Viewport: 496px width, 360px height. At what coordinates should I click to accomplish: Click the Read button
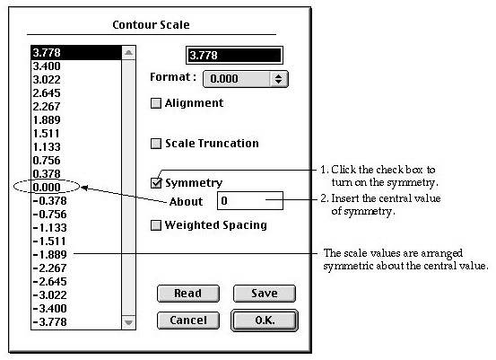click(188, 294)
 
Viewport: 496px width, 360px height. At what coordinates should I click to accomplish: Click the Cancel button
click(188, 320)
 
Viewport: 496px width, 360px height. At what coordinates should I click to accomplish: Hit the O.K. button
click(265, 320)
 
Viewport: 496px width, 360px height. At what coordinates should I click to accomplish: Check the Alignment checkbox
click(156, 103)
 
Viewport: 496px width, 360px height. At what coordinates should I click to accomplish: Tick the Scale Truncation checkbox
click(156, 144)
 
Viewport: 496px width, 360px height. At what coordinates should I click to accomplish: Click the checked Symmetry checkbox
click(156, 182)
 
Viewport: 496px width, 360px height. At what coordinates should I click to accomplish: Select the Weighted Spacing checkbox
click(156, 225)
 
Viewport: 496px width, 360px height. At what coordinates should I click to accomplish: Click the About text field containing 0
click(250, 200)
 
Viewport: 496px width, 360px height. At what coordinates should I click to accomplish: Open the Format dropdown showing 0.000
click(246, 79)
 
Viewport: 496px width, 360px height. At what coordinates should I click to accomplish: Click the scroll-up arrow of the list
click(129, 53)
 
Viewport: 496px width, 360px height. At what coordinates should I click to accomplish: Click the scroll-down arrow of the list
click(129, 322)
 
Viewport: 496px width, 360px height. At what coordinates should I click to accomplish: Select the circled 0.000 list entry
click(47, 187)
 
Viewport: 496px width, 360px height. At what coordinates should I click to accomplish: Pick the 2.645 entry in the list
click(47, 93)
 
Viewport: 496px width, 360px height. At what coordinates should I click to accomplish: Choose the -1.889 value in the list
click(50, 255)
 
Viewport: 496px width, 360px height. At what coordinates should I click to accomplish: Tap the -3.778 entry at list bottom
click(50, 322)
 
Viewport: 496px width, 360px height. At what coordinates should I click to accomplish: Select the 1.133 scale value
click(47, 147)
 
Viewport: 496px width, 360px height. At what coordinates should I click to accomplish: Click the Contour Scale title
click(151, 25)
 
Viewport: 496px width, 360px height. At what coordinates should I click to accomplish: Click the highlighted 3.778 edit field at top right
click(234, 56)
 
